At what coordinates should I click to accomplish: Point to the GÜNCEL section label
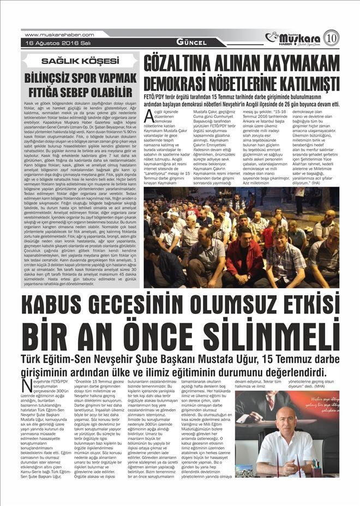click(191, 43)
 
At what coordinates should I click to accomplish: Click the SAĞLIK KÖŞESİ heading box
click(80, 60)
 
